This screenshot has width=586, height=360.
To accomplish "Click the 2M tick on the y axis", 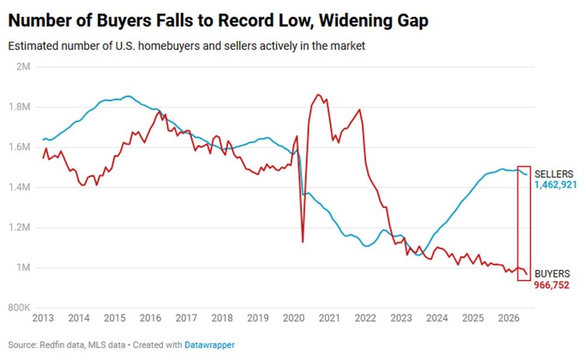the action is (x=23, y=67).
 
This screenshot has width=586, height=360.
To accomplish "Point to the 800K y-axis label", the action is (x=19, y=308).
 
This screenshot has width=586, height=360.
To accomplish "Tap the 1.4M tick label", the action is (x=19, y=187).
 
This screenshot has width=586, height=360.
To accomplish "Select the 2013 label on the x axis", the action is (x=43, y=318).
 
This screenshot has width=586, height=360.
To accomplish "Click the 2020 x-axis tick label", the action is (x=294, y=318).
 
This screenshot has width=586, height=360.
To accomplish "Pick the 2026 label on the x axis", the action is (x=508, y=318).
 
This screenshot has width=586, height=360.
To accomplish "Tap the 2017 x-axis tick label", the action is (x=186, y=318).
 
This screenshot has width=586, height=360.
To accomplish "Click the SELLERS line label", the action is (x=554, y=174).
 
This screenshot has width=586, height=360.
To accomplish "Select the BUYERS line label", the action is (x=552, y=274).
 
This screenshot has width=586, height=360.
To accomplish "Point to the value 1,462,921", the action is (x=555, y=185).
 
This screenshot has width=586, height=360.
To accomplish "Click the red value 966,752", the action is (x=552, y=285).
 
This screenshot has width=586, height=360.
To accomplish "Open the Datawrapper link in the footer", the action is (x=209, y=345).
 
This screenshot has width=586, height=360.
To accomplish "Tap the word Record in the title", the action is (x=245, y=20).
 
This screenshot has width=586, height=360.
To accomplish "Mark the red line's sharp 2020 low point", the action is (x=303, y=242).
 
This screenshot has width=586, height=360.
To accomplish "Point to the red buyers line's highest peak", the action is (x=318, y=95).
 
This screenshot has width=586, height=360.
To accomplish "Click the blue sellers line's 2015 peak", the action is (x=128, y=96).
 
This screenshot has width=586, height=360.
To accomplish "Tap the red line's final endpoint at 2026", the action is (x=527, y=275).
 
